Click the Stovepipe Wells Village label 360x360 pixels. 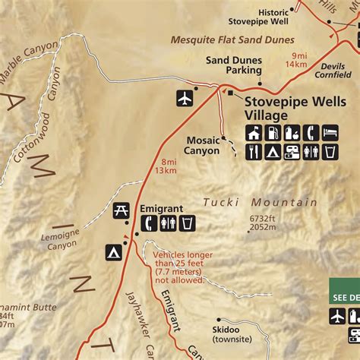pyautogui.click(x=276, y=107)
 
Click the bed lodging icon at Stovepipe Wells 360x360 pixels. pyautogui.click(x=330, y=133)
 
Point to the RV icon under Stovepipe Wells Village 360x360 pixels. pyautogui.click(x=292, y=152)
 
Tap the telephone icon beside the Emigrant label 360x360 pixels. pyautogui.click(x=150, y=223)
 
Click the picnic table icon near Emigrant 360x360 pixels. pyautogui.click(x=121, y=210)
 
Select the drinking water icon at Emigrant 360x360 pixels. pyautogui.click(x=188, y=223)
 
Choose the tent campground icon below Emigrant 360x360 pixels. pyautogui.click(x=114, y=251)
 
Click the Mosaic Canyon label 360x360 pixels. pyautogui.click(x=202, y=145)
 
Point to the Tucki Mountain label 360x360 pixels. pyautogui.click(x=261, y=202)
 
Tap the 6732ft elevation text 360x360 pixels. pyautogui.click(x=261, y=218)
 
